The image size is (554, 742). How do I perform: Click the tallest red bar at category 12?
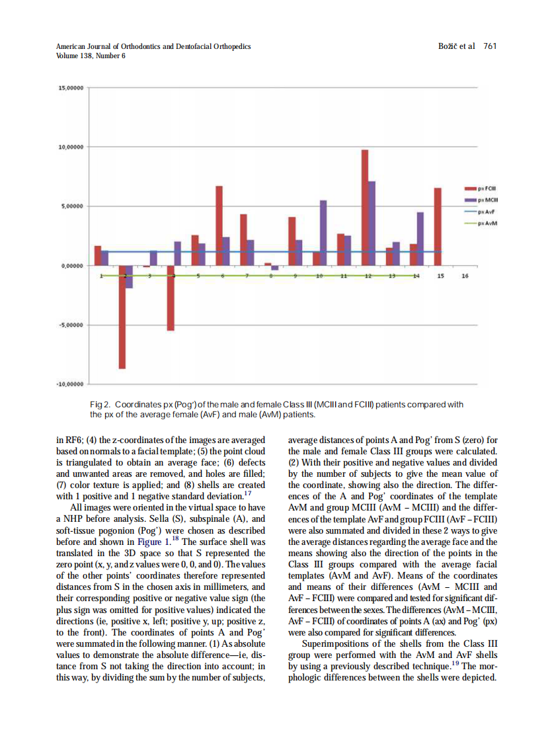coord(365,208)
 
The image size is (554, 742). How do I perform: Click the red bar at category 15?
coord(438,226)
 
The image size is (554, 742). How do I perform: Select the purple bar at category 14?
coord(420,239)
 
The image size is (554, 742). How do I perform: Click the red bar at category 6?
coord(219,226)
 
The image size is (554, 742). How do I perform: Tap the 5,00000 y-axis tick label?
coord(69,206)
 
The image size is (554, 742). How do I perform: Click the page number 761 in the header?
coord(490,46)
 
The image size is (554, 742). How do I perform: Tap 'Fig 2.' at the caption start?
coord(100,405)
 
